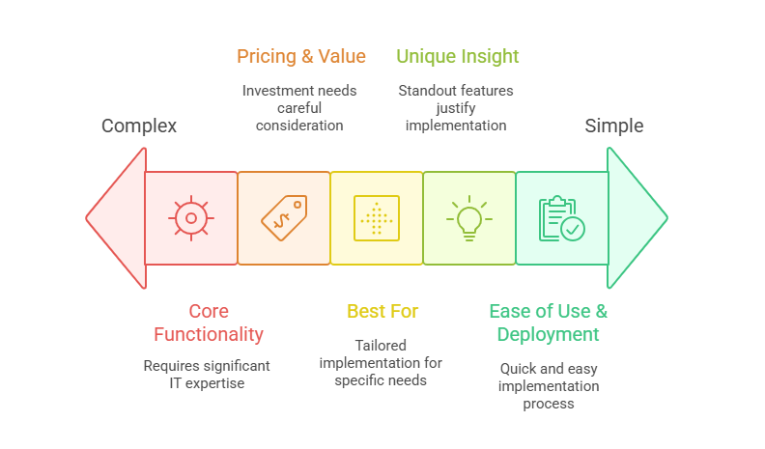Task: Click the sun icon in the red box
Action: (x=191, y=218)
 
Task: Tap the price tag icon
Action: (x=284, y=218)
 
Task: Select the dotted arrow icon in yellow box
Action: (x=377, y=218)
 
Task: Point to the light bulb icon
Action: (x=468, y=218)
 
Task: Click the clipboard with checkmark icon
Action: (x=561, y=218)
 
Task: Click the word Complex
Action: (x=139, y=126)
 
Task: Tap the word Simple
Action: (x=614, y=126)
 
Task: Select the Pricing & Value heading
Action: (x=301, y=56)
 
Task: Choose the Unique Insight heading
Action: (x=458, y=56)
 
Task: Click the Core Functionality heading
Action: (x=207, y=323)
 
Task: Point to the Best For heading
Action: (x=383, y=311)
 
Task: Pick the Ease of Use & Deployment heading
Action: (x=548, y=323)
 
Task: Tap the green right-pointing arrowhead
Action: (x=637, y=218)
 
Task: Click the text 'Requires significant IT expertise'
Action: (x=207, y=375)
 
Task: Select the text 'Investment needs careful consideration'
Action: (x=299, y=107)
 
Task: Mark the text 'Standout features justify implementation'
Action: (x=456, y=107)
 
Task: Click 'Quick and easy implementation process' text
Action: (x=548, y=385)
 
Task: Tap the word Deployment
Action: (x=548, y=335)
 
